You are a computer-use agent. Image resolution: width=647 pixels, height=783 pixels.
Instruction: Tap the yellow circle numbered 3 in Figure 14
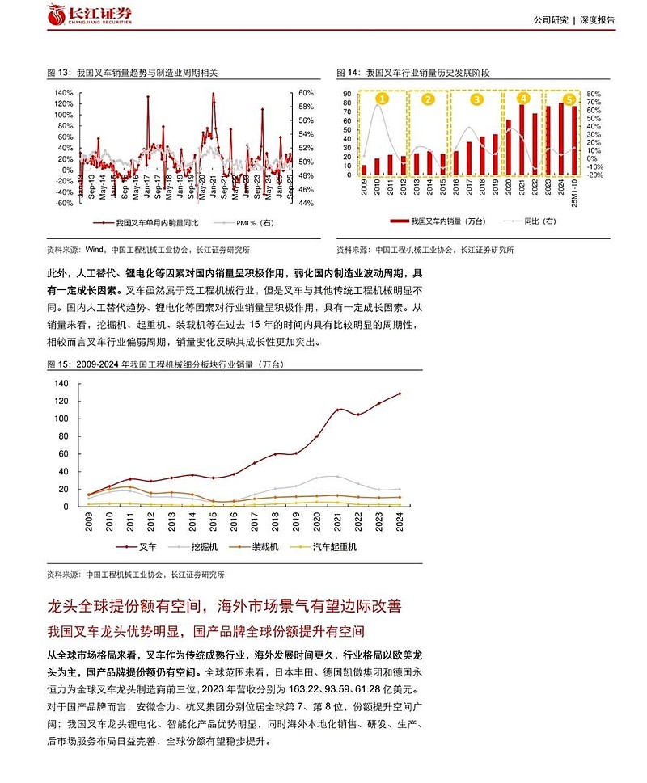(476, 100)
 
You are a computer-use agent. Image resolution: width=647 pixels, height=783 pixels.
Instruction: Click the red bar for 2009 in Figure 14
(364, 170)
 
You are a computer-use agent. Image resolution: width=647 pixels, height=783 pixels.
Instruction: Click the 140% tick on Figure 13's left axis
(63, 93)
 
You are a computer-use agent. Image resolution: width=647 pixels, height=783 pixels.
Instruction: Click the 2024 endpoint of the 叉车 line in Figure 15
(400, 394)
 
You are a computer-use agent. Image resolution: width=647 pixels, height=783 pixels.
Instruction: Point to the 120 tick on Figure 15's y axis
(63, 401)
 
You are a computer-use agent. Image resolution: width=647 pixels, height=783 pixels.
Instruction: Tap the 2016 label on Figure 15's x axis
(235, 524)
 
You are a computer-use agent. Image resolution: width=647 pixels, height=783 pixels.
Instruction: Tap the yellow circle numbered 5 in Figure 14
(570, 100)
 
